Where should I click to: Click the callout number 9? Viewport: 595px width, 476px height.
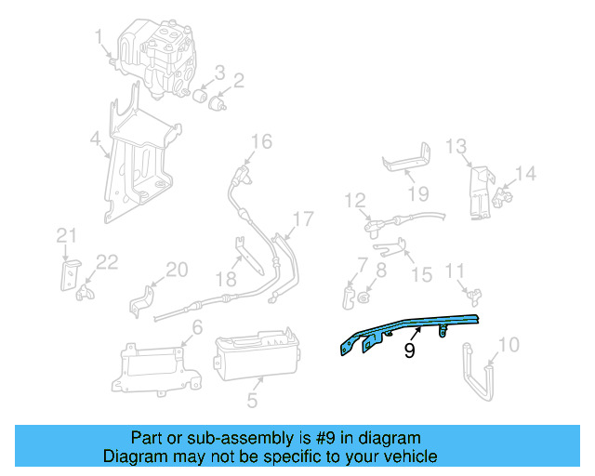point(408,351)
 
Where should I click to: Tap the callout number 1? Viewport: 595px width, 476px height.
point(98,36)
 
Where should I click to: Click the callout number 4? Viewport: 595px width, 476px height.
point(94,140)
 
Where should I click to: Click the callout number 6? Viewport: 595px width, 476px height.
point(196,326)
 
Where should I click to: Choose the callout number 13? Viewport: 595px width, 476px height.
point(455,146)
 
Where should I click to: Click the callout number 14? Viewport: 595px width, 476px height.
point(525,172)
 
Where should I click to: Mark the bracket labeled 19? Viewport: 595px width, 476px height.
point(407,162)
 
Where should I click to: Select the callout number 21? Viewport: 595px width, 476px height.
point(64,234)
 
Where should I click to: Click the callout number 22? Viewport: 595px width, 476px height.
point(107,262)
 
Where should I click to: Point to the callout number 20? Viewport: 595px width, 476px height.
point(177,270)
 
